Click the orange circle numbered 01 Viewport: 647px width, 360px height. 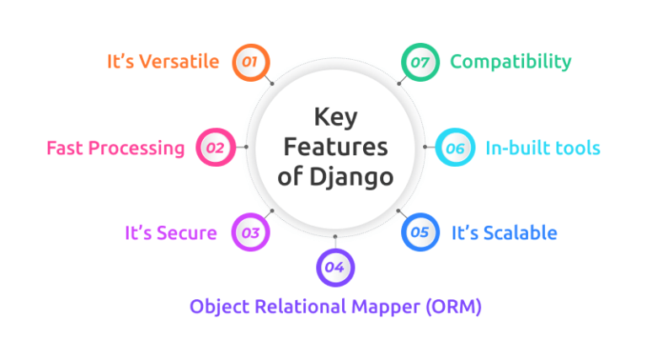click(250, 62)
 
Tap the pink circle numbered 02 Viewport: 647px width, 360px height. click(214, 148)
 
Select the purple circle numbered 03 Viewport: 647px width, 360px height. click(250, 232)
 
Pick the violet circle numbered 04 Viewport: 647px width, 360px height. click(335, 267)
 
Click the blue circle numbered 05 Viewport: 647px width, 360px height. click(420, 232)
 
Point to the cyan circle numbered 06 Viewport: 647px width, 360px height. click(455, 148)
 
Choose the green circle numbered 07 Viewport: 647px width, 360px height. click(419, 62)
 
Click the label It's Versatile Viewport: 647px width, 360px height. click(163, 62)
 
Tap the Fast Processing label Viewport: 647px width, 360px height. click(115, 148)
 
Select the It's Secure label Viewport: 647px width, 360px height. click(171, 232)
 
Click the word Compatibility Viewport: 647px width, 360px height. click(511, 62)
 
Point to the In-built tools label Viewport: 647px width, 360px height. click(543, 148)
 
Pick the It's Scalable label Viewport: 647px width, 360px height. click(504, 232)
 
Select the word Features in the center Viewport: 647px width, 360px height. click(335, 147)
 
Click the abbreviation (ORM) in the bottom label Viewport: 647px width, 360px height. click(452, 306)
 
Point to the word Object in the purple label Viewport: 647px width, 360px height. click(217, 307)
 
